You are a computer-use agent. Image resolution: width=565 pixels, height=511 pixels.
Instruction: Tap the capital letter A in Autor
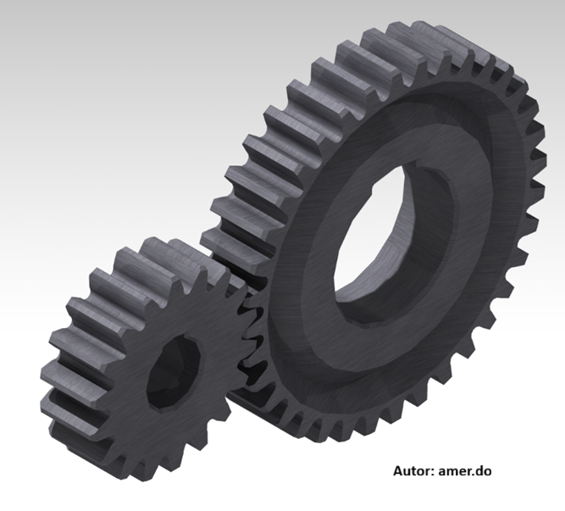tap(398, 471)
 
